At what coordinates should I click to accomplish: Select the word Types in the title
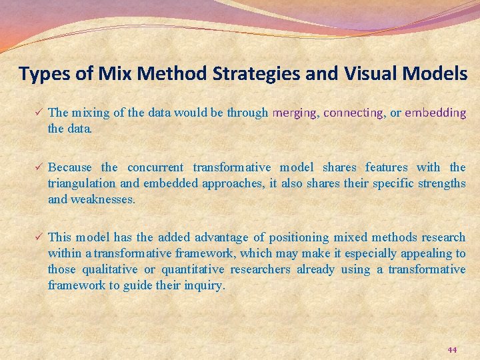(x=43, y=74)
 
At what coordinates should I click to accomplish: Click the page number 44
(x=452, y=350)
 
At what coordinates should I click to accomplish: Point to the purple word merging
(x=295, y=113)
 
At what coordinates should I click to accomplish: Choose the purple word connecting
(x=353, y=113)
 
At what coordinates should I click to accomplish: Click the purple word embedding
(x=435, y=113)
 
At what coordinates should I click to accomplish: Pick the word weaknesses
(x=103, y=199)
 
